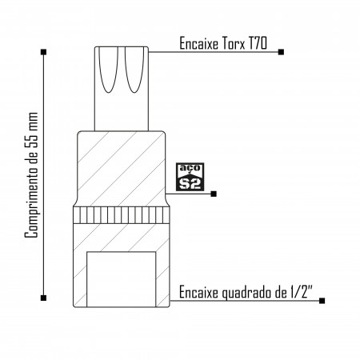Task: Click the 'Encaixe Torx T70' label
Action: (x=223, y=43)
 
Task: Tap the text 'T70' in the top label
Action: (x=258, y=43)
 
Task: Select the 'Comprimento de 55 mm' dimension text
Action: (x=31, y=175)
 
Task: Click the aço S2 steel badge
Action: (x=190, y=177)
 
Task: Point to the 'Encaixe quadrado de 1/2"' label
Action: (x=246, y=292)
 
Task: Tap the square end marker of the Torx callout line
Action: (x=281, y=52)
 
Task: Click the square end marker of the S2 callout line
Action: (x=214, y=194)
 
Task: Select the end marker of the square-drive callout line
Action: (x=322, y=301)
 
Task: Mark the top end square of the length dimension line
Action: (x=43, y=52)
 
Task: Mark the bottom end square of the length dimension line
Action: (x=43, y=298)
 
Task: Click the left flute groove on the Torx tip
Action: (x=108, y=70)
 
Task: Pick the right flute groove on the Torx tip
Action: (x=134, y=70)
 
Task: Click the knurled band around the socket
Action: (x=122, y=215)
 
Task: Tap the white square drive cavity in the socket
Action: (x=122, y=279)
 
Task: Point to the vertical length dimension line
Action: (x=43, y=175)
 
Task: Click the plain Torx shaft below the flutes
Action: (x=122, y=112)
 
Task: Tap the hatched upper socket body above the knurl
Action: (x=122, y=169)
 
